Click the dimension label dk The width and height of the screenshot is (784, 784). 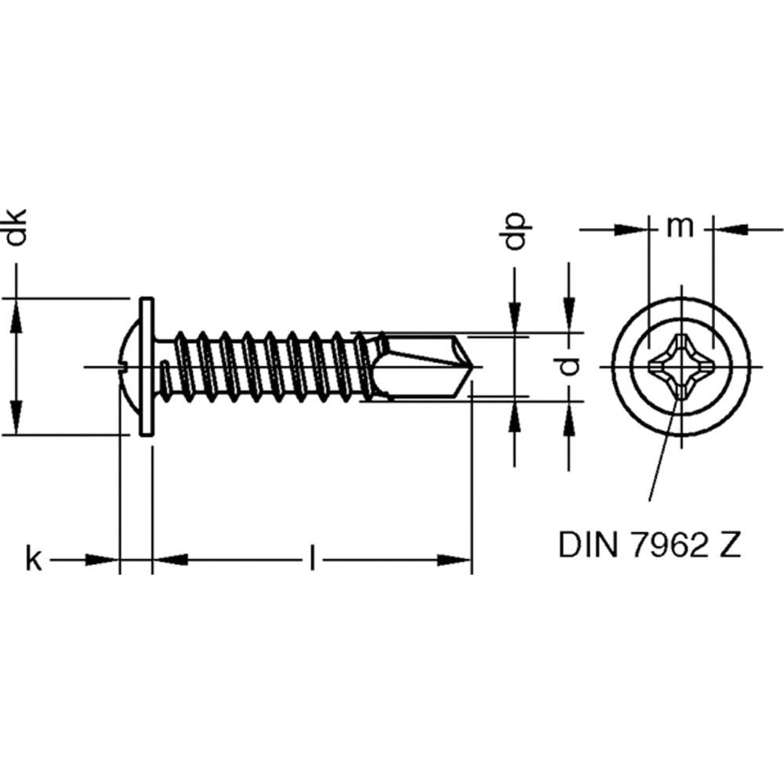coord(16,228)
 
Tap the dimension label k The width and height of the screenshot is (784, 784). coord(34,560)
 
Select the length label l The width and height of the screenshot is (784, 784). coord(312,560)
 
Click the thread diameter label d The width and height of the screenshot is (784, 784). coord(572,365)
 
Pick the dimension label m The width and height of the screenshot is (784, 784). coord(681,227)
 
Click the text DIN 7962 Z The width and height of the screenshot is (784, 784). coord(649,543)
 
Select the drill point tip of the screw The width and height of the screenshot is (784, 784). coord(471,366)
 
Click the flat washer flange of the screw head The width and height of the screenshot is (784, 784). coord(146,366)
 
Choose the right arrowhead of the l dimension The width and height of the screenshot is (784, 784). coord(455,560)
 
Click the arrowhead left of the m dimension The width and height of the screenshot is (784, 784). coord(633,230)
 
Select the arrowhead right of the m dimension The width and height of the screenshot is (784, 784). coord(729,230)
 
